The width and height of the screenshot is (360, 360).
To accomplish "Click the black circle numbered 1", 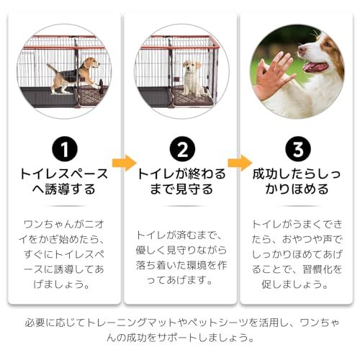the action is click(65, 149).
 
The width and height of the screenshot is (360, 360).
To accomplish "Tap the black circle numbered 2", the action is click(182, 149).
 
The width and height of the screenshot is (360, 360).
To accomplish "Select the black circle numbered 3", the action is click(298, 149).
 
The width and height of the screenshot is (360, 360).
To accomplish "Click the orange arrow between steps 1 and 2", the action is click(124, 163).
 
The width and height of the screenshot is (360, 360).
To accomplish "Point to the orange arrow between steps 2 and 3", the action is click(240, 163).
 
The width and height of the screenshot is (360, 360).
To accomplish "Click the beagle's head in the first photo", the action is click(92, 63).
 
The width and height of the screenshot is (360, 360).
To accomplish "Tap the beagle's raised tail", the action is click(52, 68).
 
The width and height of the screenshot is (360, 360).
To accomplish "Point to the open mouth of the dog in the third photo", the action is click(315, 67).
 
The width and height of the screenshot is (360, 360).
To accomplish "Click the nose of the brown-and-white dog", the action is click(301, 50).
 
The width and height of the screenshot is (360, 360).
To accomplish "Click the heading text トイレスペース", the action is click(64, 174).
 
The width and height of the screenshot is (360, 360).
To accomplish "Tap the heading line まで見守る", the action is click(181, 189).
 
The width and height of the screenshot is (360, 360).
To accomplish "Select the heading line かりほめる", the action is click(297, 189).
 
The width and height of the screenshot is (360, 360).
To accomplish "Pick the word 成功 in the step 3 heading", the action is click(265, 174).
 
